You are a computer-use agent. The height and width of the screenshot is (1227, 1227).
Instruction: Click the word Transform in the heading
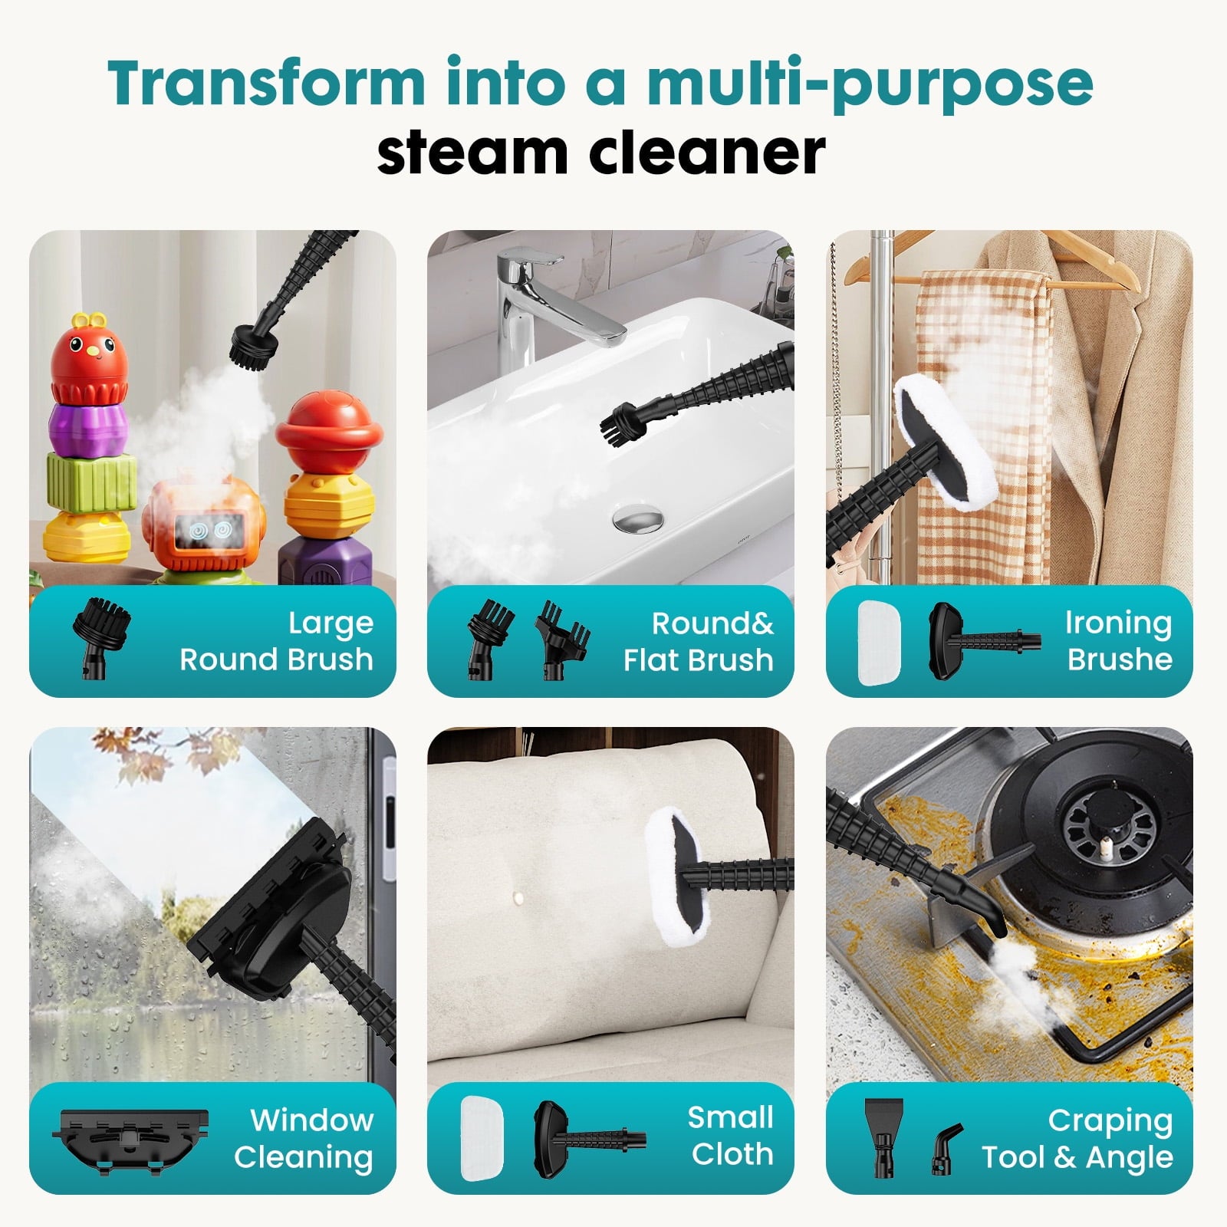point(265,82)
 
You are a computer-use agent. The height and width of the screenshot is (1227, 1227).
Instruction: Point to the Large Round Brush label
point(276,641)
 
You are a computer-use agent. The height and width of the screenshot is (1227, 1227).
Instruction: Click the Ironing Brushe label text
point(1118,641)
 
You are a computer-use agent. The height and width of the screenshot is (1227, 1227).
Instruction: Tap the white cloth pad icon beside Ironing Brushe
point(878,642)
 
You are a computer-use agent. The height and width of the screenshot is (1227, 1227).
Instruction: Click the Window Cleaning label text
point(304,1139)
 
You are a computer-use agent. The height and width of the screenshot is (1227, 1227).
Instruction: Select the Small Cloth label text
point(731,1136)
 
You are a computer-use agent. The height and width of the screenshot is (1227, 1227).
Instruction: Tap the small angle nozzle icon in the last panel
point(946,1147)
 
